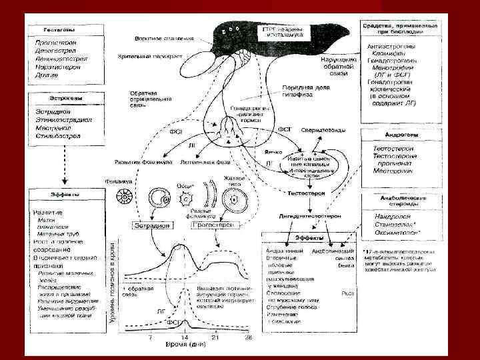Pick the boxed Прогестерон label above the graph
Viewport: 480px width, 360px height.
coord(212,225)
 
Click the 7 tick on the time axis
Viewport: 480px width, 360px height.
coord(151,339)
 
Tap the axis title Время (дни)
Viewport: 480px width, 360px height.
coord(198,347)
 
